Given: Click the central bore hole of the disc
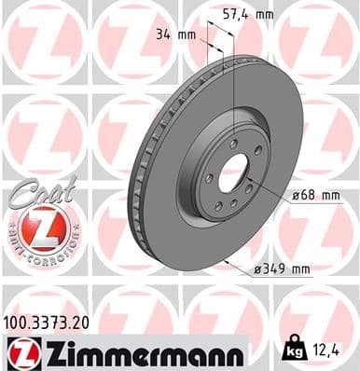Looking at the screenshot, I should pos(236,171).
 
